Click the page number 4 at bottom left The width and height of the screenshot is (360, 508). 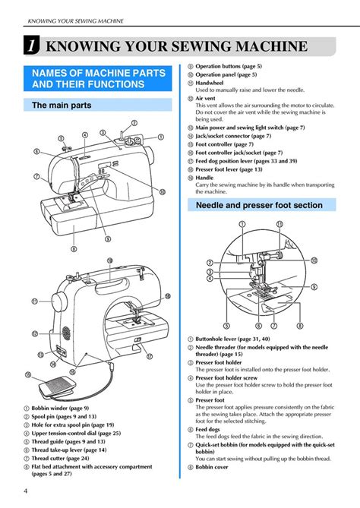click(26, 490)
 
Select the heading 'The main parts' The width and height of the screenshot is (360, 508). click(61, 106)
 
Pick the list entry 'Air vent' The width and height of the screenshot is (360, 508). click(205, 98)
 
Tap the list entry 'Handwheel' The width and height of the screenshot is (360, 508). click(210, 82)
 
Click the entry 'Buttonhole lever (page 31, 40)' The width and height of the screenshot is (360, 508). click(241, 339)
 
